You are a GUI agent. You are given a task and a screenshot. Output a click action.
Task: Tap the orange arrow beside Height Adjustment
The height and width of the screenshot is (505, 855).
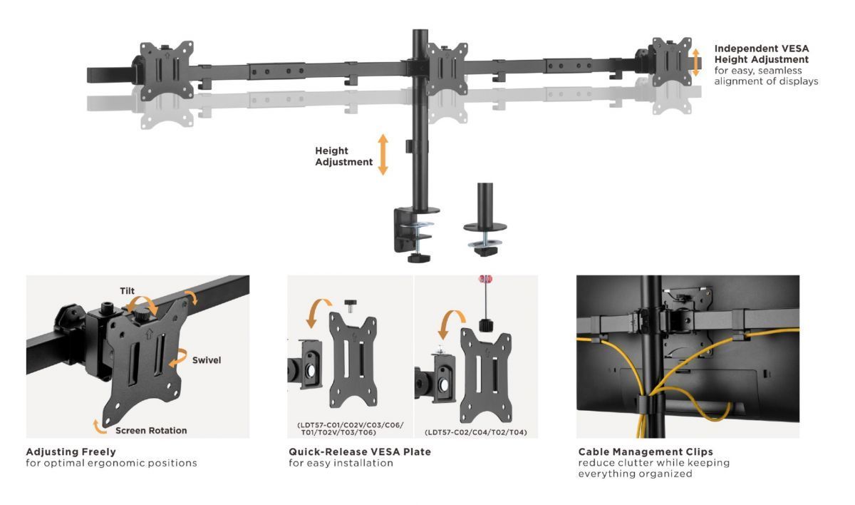coord(383,154)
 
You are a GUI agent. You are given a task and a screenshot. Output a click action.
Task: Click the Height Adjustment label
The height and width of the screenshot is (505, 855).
coord(343,156)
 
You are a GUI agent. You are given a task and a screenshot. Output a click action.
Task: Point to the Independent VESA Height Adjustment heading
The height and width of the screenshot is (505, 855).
coord(761,53)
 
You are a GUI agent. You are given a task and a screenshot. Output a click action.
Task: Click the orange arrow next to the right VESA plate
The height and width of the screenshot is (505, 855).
coord(695,62)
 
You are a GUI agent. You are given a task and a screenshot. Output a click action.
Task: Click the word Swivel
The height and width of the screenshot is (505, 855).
coord(206,360)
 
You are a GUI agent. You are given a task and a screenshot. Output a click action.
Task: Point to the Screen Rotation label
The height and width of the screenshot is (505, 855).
coord(151,430)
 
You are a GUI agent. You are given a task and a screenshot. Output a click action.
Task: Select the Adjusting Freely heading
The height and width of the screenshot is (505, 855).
coord(71,452)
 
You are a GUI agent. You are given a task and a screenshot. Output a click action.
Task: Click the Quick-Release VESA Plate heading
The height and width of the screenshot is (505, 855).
coord(359,452)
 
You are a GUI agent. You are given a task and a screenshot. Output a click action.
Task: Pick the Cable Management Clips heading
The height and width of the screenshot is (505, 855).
coord(645,452)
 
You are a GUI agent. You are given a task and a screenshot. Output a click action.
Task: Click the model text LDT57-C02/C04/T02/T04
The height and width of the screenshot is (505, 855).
coord(476,432)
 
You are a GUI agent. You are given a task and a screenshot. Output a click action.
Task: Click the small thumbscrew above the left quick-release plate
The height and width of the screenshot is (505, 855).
coord(351,305)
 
